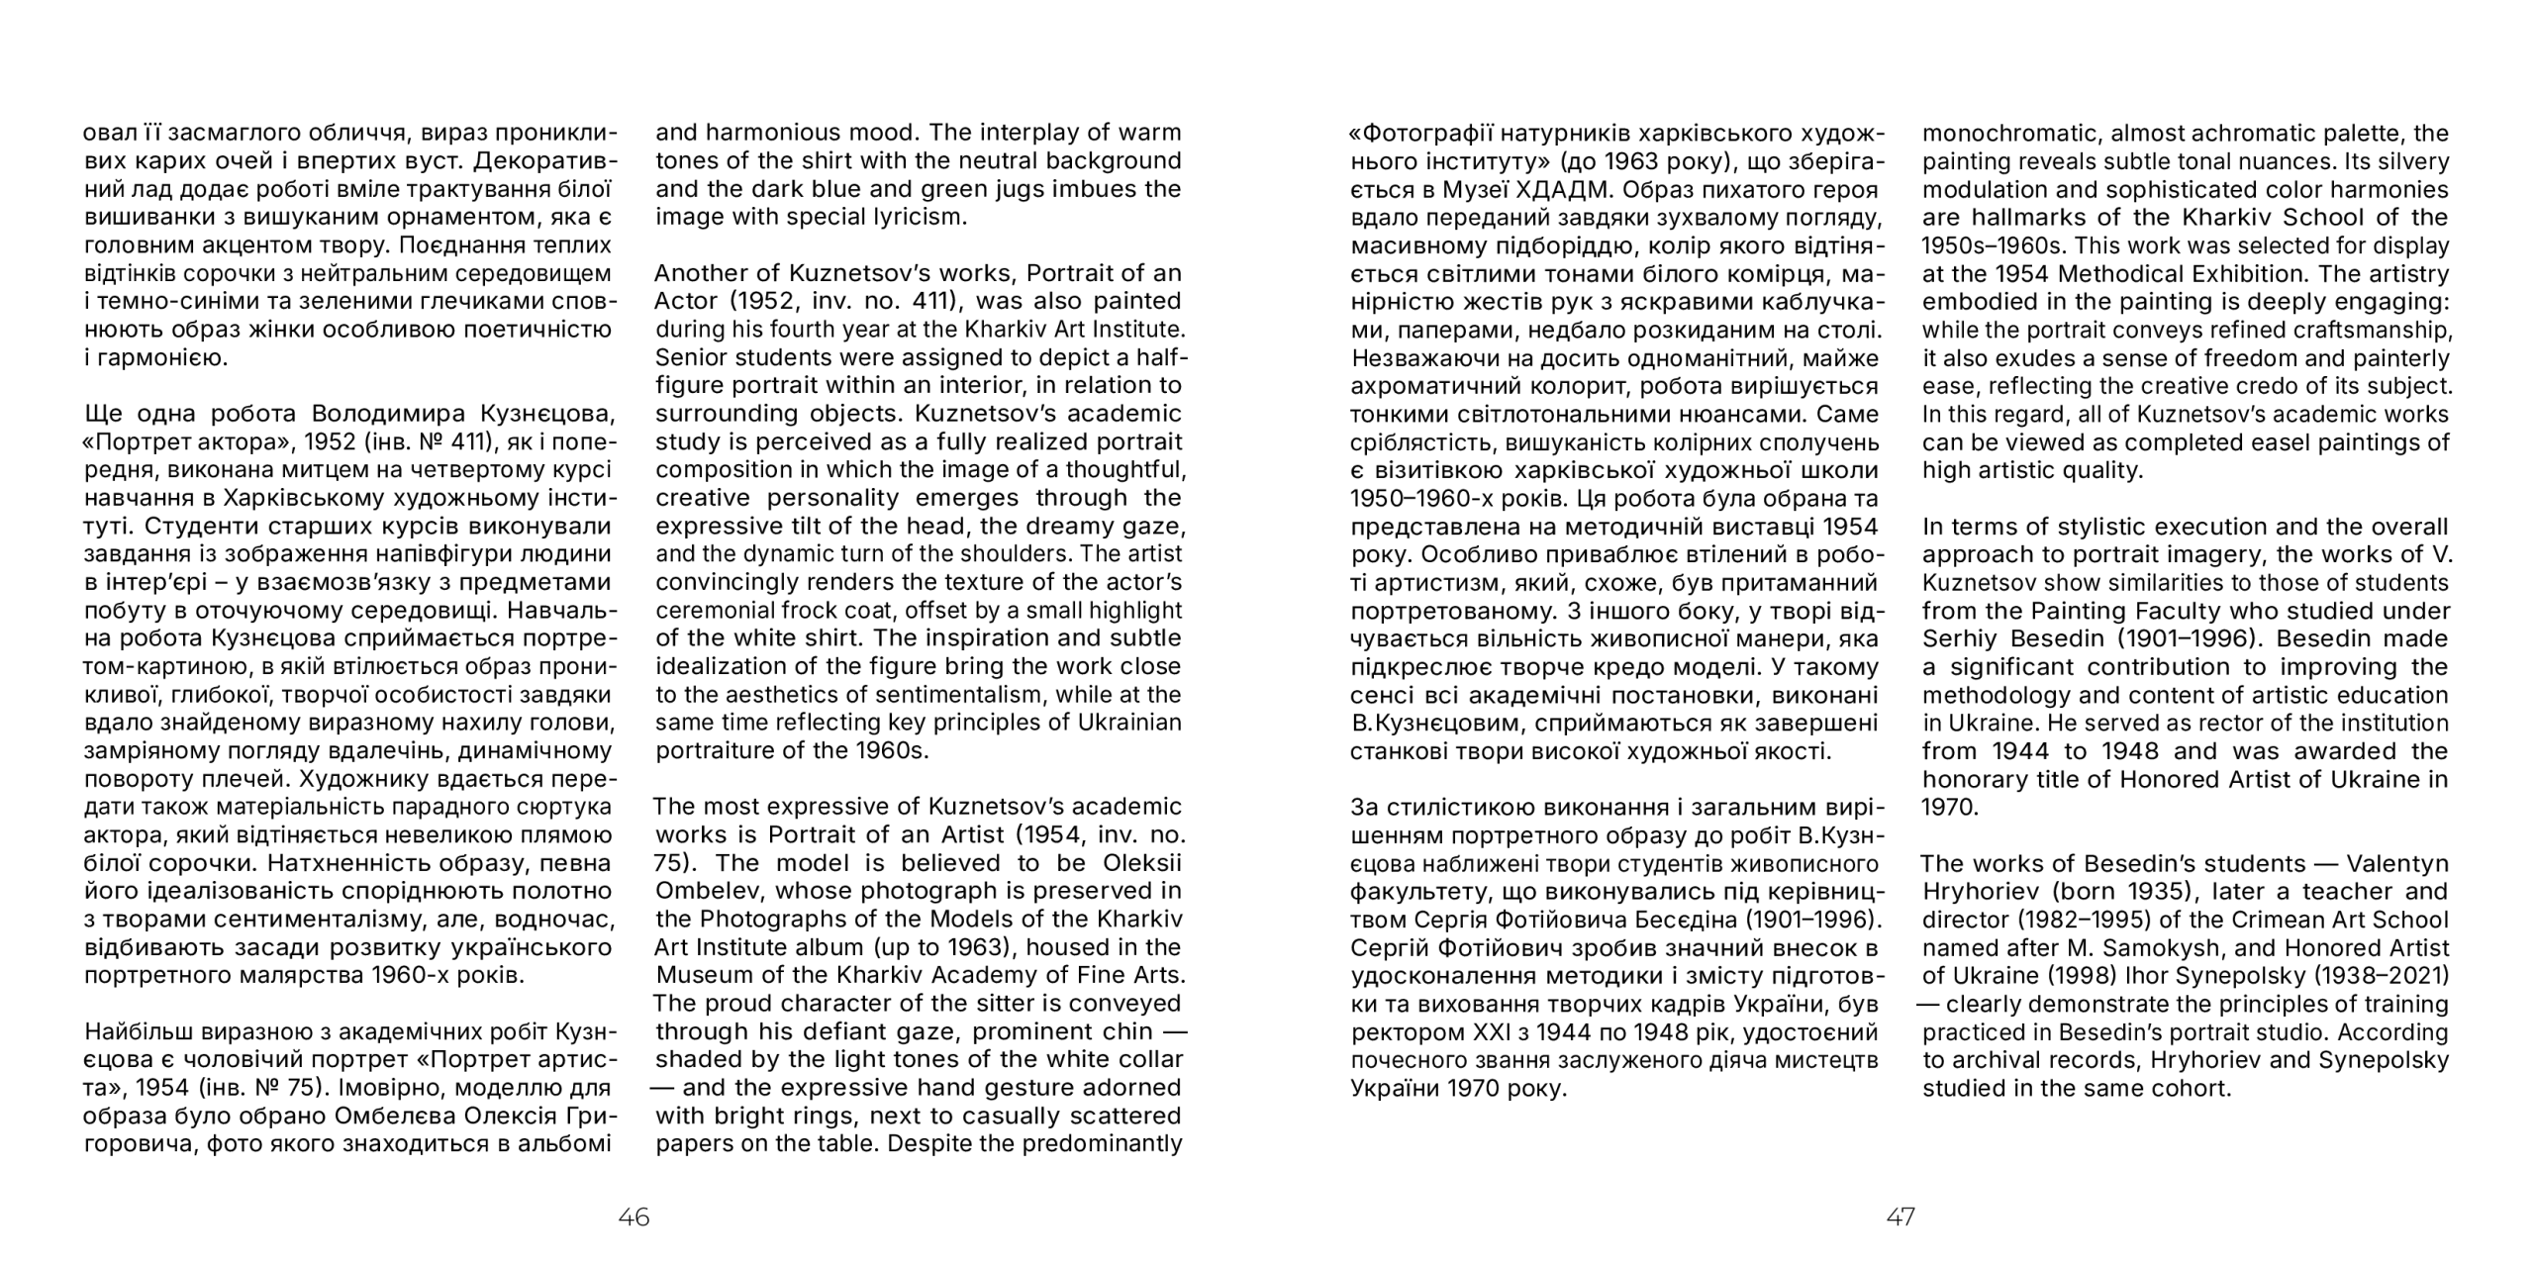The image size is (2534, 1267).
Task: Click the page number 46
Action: click(x=633, y=1217)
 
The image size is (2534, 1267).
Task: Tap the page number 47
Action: click(x=1900, y=1217)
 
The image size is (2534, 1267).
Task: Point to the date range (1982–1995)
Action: click(x=2066, y=920)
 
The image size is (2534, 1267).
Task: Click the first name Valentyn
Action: click(x=2402, y=863)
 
